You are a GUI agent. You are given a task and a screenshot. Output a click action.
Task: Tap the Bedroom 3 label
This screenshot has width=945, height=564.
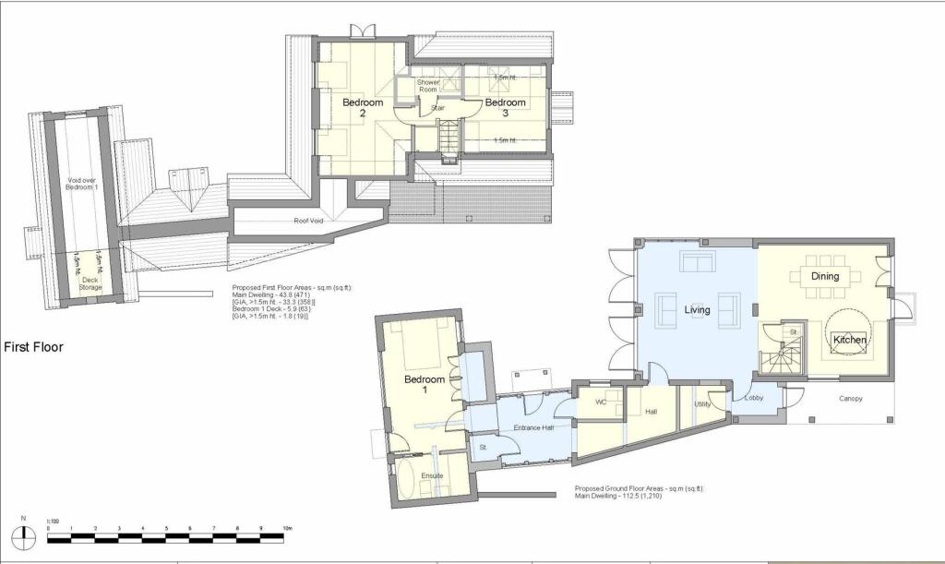pyautogui.click(x=505, y=107)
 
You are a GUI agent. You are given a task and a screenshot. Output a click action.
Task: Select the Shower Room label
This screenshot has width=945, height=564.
pyautogui.click(x=428, y=87)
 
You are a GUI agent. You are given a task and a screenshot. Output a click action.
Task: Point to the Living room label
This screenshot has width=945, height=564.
pyautogui.click(x=697, y=310)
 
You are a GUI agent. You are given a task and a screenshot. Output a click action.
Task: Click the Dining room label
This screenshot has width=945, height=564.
pyautogui.click(x=825, y=276)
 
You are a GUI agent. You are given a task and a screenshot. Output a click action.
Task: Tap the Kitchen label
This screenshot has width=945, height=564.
pyautogui.click(x=850, y=341)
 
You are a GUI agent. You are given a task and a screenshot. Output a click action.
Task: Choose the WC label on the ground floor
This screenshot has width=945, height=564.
pyautogui.click(x=601, y=402)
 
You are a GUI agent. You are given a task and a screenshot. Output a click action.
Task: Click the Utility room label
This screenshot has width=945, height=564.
pyautogui.click(x=701, y=404)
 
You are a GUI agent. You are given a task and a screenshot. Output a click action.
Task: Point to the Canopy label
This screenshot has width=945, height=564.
pyautogui.click(x=850, y=400)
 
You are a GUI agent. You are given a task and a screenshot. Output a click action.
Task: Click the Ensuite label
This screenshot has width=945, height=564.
pyautogui.click(x=432, y=475)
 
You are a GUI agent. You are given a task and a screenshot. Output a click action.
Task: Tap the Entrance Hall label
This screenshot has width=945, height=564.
pyautogui.click(x=532, y=429)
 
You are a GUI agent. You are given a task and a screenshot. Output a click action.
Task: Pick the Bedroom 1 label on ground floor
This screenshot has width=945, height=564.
pyautogui.click(x=425, y=385)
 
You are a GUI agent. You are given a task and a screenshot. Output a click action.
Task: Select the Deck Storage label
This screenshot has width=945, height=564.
pyautogui.click(x=90, y=282)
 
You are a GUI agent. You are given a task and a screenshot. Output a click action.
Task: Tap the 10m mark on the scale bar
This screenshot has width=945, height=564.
pyautogui.click(x=288, y=527)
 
